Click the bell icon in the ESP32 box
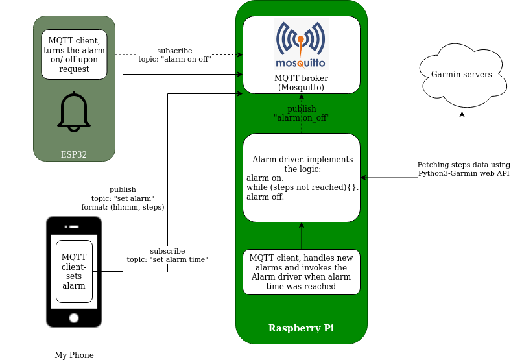point(74,113)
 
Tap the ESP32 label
point(74,155)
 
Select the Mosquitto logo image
point(301,44)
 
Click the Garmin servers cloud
point(461,75)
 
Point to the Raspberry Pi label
point(301,328)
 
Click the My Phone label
point(74,355)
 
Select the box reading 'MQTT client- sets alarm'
point(74,271)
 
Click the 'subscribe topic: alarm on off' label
point(174,54)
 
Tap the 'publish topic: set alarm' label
point(123,198)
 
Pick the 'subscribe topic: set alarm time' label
point(167,255)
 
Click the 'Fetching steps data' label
point(463,169)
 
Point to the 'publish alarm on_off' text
point(302,114)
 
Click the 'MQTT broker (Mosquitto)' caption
point(301,82)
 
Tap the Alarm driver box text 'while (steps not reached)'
point(302,187)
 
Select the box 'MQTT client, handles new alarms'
point(301,272)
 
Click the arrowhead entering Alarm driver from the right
point(363,178)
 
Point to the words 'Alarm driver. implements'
point(302,160)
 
